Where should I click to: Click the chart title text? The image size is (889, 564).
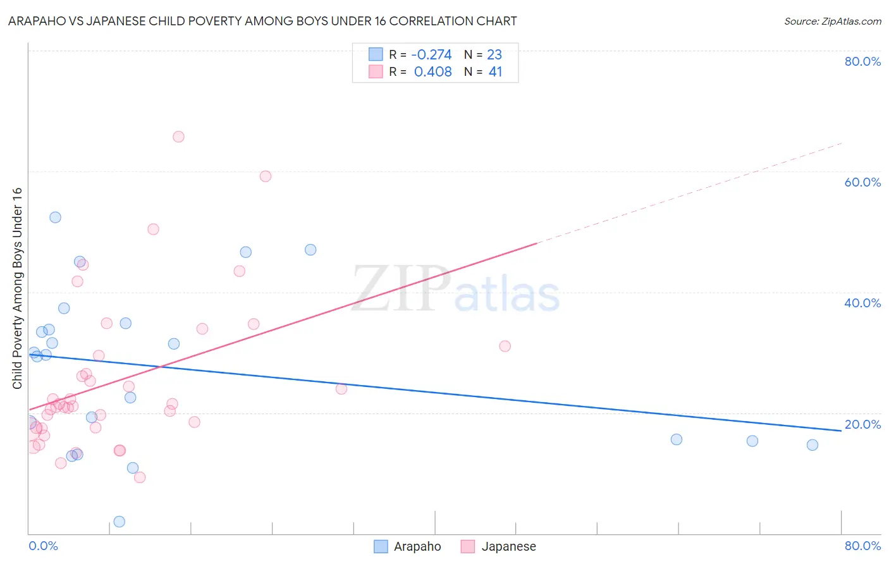pyautogui.click(x=262, y=21)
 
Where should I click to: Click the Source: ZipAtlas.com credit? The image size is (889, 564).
pyautogui.click(x=832, y=21)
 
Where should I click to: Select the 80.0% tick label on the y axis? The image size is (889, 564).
pyautogui.click(x=862, y=61)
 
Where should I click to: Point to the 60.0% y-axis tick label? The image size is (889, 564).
pyautogui.click(x=862, y=182)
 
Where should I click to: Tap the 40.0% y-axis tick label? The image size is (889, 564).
pyautogui.click(x=862, y=303)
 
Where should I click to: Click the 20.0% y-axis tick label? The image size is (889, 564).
pyautogui.click(x=862, y=424)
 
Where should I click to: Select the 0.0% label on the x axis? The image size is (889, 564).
pyautogui.click(x=43, y=546)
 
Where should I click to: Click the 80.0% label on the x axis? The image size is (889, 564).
pyautogui.click(x=862, y=546)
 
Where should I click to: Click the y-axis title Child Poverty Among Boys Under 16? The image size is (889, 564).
pyautogui.click(x=17, y=288)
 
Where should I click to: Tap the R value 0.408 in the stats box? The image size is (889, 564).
pyautogui.click(x=432, y=72)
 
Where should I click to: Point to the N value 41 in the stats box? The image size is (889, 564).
pyautogui.click(x=495, y=72)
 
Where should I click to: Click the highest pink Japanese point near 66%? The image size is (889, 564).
pyautogui.click(x=178, y=137)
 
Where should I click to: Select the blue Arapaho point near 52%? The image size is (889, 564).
pyautogui.click(x=55, y=217)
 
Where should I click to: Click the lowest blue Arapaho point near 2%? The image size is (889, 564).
pyautogui.click(x=119, y=522)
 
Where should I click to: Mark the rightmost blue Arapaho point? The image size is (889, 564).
pyautogui.click(x=812, y=444)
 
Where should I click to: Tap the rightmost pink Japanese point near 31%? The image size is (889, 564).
pyautogui.click(x=505, y=346)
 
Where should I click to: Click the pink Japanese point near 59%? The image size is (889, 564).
pyautogui.click(x=266, y=176)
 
